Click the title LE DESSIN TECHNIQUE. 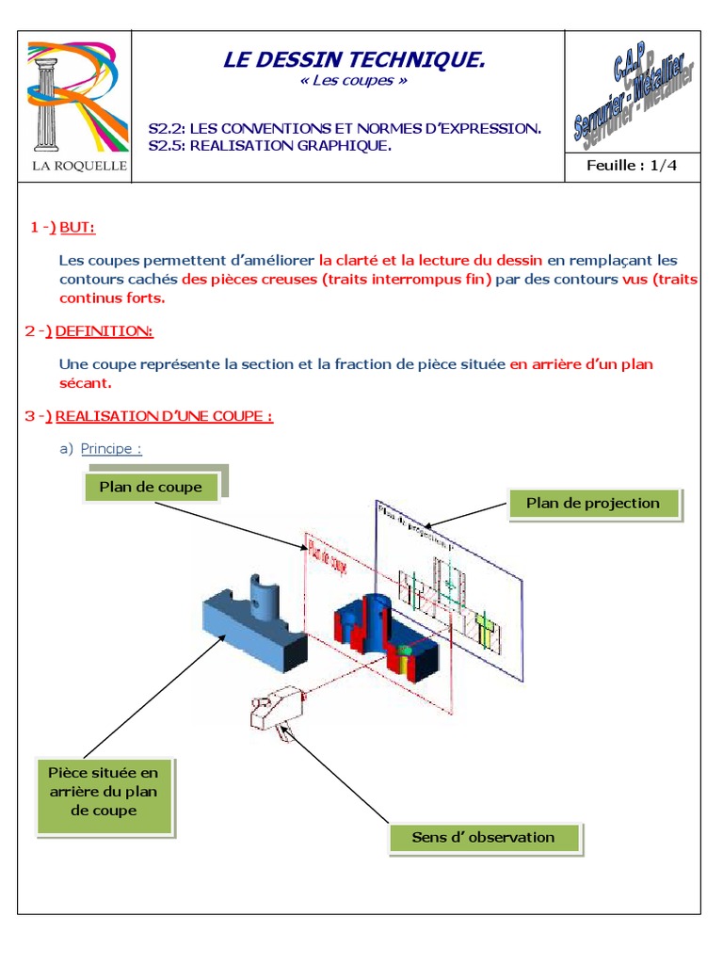point(354,61)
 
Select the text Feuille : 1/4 point(632,165)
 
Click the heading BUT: point(77,227)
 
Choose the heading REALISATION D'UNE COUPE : point(164,415)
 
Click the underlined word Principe point(110,448)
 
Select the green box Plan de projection point(593,504)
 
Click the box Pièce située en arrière point(104,791)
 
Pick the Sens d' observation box point(483,837)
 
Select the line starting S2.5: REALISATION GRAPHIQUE point(270,146)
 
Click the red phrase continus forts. point(112,297)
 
